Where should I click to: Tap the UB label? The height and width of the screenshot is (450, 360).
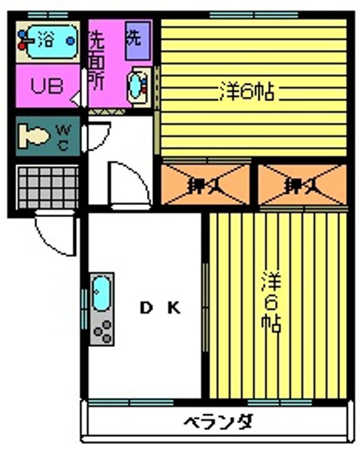coord(47,86)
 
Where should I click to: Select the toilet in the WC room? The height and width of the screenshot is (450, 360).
coord(35,134)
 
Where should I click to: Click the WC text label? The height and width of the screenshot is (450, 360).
coord(64,135)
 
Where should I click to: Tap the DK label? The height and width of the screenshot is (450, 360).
coord(160,307)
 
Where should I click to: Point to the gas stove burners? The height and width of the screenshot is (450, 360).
coord(102,329)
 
